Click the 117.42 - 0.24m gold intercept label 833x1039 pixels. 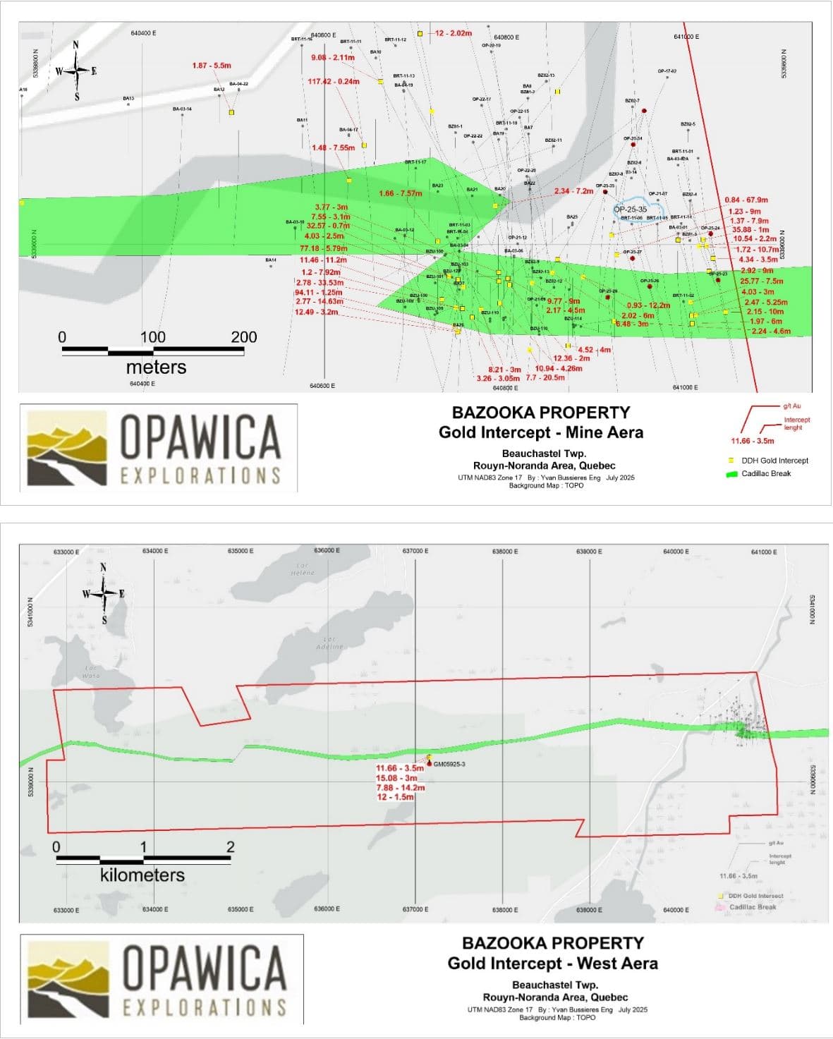click(334, 82)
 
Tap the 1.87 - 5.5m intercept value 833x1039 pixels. click(212, 66)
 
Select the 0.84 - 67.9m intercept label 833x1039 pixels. click(746, 200)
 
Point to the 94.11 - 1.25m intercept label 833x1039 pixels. click(319, 293)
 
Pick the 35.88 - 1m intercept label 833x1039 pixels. click(750, 230)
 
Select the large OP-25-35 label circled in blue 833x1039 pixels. click(630, 209)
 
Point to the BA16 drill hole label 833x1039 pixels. click(23, 90)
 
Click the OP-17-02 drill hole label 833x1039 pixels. click(667, 71)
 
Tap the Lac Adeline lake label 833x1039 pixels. click(329, 643)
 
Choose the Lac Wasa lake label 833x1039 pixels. click(91, 672)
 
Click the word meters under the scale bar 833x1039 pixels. click(156, 367)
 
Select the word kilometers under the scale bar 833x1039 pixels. click(142, 875)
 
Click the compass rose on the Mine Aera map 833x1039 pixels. click(76, 71)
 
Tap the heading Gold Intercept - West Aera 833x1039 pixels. click(552, 964)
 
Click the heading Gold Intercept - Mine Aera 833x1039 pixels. click(540, 432)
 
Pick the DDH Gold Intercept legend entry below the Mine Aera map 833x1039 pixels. click(774, 461)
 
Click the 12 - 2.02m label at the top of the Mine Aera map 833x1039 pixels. click(453, 33)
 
